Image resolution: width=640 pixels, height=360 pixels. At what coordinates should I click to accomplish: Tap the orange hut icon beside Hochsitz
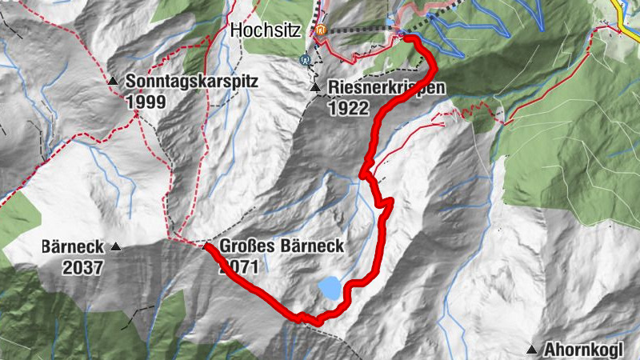pyautogui.click(x=321, y=30)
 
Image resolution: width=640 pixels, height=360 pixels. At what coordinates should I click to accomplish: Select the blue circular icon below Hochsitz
pyautogui.click(x=306, y=58)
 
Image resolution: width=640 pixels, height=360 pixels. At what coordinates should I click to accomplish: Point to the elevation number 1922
pyautogui.click(x=347, y=108)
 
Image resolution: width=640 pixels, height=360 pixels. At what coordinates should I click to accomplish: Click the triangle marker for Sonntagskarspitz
pyautogui.click(x=114, y=82)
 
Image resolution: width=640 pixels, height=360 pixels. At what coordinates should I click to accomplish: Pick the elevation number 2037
pyautogui.click(x=83, y=267)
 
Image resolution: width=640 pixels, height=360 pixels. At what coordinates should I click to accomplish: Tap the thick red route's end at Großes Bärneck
pyautogui.click(x=207, y=249)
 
